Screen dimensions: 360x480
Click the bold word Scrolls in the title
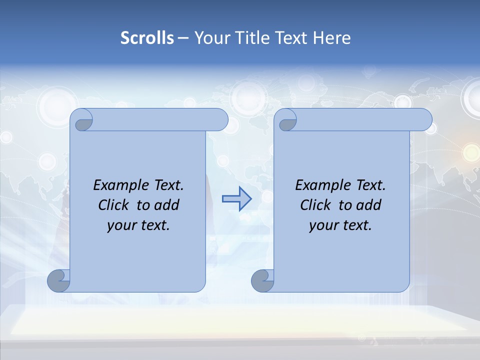[147, 38]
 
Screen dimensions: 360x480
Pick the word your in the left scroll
[120, 225]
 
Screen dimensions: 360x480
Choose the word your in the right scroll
[322, 225]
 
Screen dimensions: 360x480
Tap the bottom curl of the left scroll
[59, 280]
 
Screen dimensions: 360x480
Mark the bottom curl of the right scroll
[262, 280]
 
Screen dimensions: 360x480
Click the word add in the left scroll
[167, 205]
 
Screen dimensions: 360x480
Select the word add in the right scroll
[369, 205]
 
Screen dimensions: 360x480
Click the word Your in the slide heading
[210, 38]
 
